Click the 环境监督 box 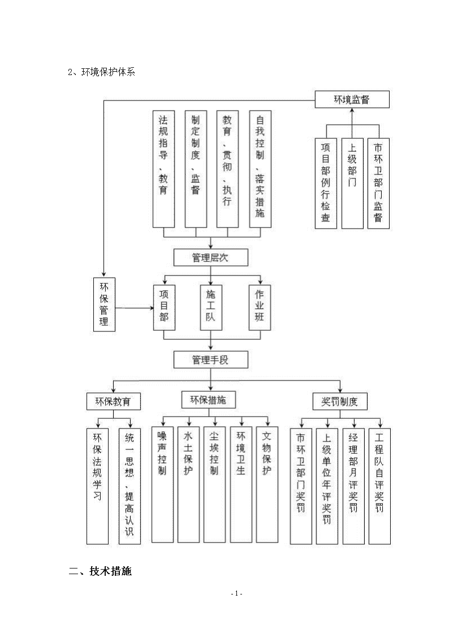coord(352,99)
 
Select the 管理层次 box coord(210,257)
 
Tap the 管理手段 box coord(210,360)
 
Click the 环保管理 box coord(104,304)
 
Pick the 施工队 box coord(211,308)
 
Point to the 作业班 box coord(260,308)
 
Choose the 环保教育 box coord(113,401)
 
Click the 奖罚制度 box coord(340,401)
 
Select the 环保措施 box coord(208,400)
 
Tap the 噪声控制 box coord(162,484)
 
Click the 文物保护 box coord(267,484)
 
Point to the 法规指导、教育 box coord(163,169)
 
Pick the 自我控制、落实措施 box coord(260,169)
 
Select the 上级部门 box coord(352,183)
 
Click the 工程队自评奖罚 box coord(379,487)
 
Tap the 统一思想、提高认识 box coord(129,487)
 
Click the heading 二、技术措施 coord(101,571)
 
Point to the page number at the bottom coord(236,593)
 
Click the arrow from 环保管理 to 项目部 coord(134,308)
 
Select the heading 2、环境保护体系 coord(101,72)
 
